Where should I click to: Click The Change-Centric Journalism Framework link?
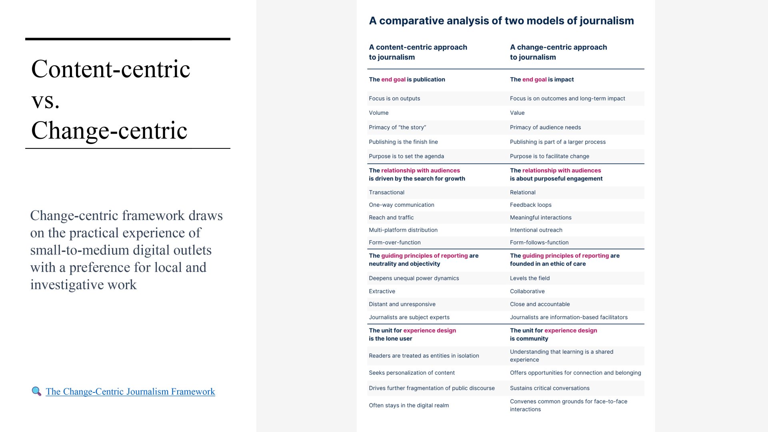(x=130, y=392)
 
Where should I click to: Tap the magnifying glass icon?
(x=36, y=391)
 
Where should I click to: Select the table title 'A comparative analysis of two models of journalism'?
(x=501, y=21)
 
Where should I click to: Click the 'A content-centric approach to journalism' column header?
(x=418, y=52)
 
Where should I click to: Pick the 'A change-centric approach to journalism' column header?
(x=558, y=52)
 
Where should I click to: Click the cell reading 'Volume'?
(x=378, y=113)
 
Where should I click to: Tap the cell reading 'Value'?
(x=517, y=113)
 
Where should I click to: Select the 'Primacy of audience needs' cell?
(x=545, y=127)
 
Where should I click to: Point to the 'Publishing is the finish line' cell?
(x=403, y=142)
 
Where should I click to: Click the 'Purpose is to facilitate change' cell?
(x=549, y=156)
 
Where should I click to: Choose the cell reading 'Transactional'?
(x=386, y=192)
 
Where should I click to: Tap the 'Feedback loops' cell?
(x=530, y=205)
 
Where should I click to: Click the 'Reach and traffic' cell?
(x=391, y=218)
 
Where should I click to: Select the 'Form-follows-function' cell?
(x=539, y=242)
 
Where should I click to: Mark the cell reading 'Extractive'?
(x=382, y=291)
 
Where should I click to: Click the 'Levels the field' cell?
(x=530, y=278)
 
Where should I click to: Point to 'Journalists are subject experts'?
(x=409, y=317)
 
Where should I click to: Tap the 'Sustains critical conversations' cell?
(x=550, y=388)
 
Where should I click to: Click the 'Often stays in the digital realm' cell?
(x=409, y=405)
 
